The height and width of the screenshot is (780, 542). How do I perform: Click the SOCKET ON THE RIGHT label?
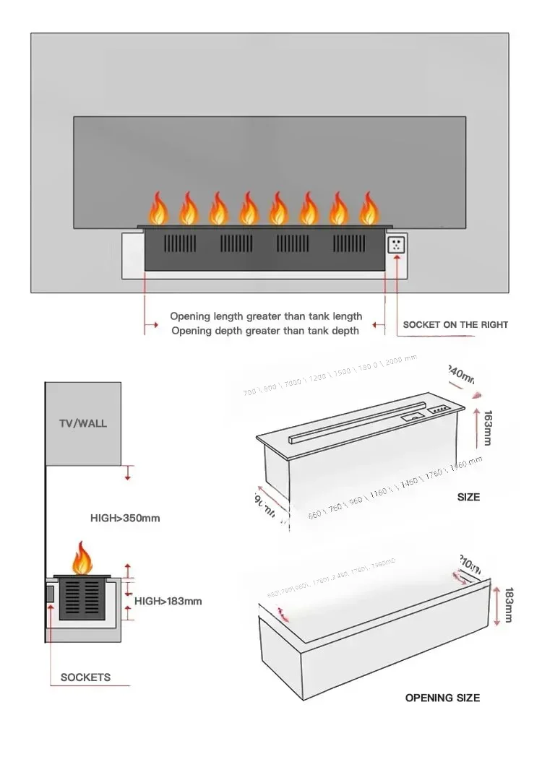coord(455,325)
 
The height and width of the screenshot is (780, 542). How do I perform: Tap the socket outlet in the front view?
coord(397,244)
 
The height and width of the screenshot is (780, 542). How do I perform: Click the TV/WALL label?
coord(82,423)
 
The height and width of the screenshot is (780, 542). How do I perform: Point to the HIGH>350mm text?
coord(125,518)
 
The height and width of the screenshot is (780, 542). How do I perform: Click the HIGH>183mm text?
coord(168,601)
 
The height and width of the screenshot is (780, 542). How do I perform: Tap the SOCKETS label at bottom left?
coord(85,677)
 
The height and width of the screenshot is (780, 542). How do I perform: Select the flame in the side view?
coord(83,559)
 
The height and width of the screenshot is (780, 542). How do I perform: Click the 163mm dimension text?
coord(488,428)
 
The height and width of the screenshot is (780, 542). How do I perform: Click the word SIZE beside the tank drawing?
coord(468,497)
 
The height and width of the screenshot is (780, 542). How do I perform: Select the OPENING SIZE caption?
coord(442,698)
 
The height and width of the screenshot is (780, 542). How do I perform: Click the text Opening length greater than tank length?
coord(266,316)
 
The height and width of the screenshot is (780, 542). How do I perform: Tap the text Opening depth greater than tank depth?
coord(264,331)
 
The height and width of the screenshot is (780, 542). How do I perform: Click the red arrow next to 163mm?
coord(476,426)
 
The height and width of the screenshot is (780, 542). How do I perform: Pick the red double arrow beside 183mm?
coord(497,605)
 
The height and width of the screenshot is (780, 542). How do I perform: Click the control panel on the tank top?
coord(438,409)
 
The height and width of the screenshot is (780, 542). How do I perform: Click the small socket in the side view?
coord(50,594)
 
